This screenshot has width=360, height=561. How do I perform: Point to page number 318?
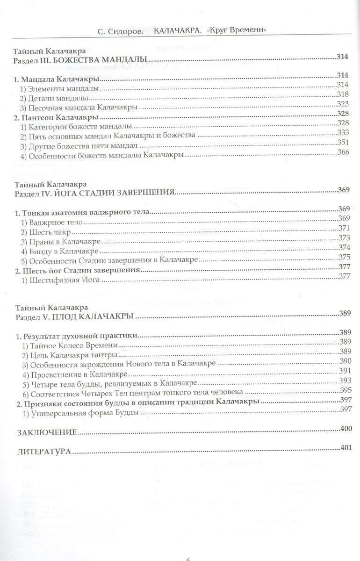343,94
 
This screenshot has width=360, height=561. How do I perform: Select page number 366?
343,153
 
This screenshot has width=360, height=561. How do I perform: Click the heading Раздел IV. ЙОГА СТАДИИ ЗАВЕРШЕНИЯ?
95,192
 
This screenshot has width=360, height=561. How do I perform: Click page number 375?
344,257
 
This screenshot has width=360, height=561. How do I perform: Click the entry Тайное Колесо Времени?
71,345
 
